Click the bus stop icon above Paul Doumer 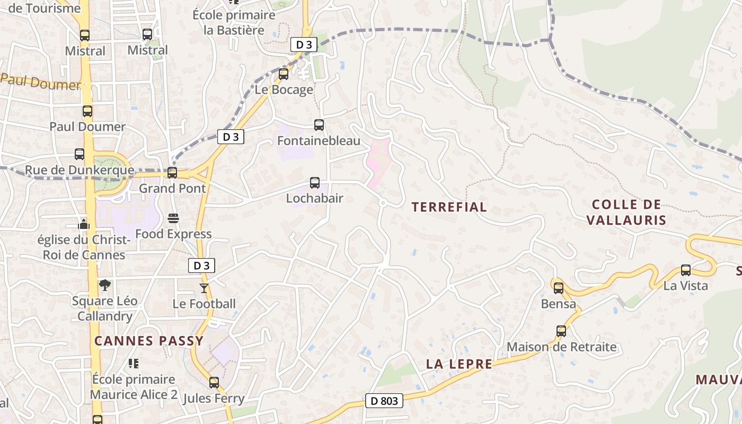(87, 112)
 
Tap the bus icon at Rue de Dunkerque (79, 154)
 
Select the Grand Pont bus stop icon (172, 173)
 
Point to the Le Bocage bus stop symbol (284, 74)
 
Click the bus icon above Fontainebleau (319, 125)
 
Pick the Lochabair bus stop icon (315, 183)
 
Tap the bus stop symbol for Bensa (559, 288)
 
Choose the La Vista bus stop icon (686, 270)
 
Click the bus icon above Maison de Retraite (561, 331)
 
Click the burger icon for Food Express (173, 218)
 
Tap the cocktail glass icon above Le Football (204, 288)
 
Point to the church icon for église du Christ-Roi (84, 224)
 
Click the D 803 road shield (384, 401)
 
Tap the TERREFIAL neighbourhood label (449, 207)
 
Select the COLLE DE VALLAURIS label (626, 212)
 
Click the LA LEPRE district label (460, 364)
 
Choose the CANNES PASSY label (149, 341)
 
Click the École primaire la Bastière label (234, 22)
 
